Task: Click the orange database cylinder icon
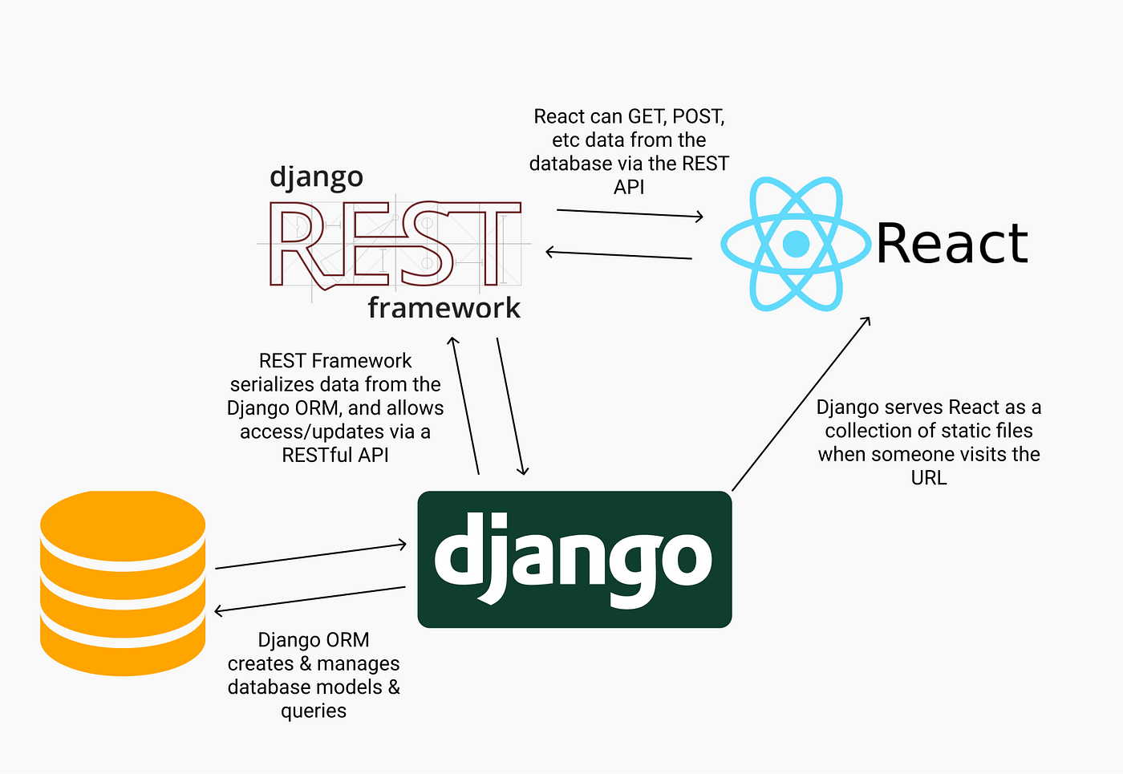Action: (x=123, y=583)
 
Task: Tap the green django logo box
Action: (x=574, y=559)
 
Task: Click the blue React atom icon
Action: (x=796, y=244)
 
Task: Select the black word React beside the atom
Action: (x=952, y=244)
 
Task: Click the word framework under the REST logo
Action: (x=444, y=308)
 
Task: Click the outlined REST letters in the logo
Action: (x=393, y=244)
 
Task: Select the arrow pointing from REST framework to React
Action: (x=630, y=213)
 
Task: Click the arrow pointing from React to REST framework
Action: (x=618, y=255)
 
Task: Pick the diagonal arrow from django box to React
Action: (x=801, y=403)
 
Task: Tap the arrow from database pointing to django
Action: (x=310, y=557)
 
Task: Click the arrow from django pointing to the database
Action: (x=310, y=599)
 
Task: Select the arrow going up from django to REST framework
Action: (x=466, y=406)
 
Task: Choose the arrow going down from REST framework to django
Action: (x=510, y=406)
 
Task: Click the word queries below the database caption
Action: (x=314, y=711)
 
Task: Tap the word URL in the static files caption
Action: (x=929, y=478)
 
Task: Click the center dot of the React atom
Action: (x=796, y=244)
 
